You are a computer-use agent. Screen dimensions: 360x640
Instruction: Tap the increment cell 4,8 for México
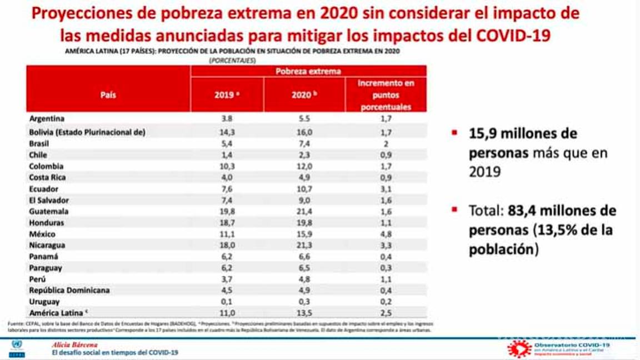coord(386,234)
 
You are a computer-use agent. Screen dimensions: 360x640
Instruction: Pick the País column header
coord(108,95)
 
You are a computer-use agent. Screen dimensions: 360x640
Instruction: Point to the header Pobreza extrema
coord(308,71)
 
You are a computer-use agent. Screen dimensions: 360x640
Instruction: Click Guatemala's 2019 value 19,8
coord(227,212)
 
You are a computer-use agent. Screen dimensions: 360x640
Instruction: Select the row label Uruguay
coord(44,302)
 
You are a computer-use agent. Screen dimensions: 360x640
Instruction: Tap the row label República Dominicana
coord(69,290)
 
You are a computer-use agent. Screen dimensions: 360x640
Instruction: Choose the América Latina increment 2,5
coord(386,313)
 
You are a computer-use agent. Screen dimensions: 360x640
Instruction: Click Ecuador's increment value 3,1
coord(386,189)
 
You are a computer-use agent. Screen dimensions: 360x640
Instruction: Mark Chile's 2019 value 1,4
coord(227,155)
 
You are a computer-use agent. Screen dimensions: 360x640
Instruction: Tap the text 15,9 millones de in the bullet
coord(523,134)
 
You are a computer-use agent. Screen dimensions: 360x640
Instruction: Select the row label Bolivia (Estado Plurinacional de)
coord(87,132)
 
